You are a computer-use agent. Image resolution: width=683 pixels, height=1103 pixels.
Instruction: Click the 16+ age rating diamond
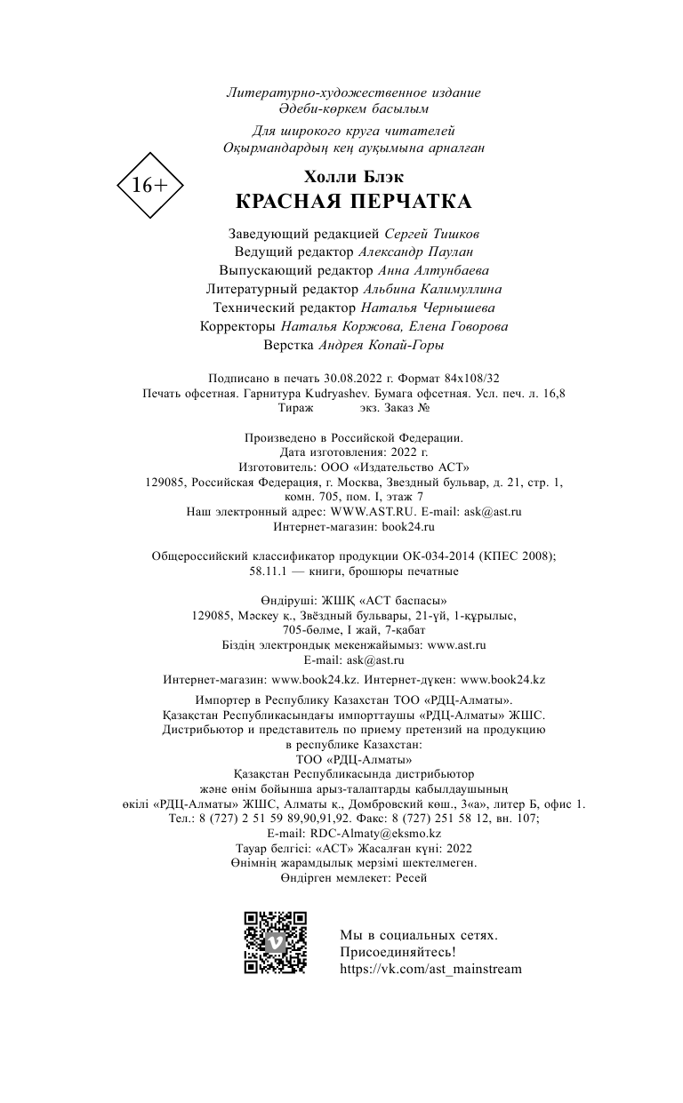[x=149, y=186]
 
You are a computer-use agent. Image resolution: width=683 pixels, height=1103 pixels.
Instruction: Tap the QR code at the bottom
[x=275, y=942]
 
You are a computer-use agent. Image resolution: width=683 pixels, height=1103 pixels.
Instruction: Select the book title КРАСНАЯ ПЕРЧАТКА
[x=353, y=202]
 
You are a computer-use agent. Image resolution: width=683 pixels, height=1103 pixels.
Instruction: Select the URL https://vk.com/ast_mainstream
[x=430, y=969]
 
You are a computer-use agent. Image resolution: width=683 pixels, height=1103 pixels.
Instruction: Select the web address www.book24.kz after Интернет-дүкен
[x=502, y=679]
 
